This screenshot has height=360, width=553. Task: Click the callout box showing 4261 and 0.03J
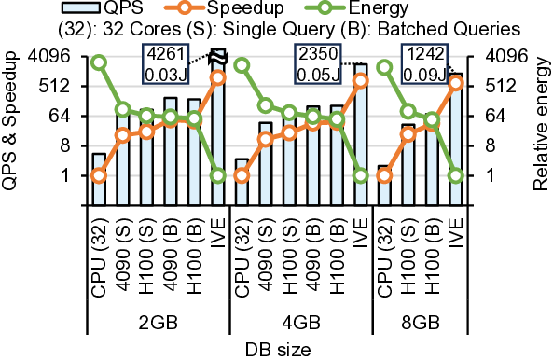tap(165, 62)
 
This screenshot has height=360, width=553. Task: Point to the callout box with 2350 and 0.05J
tap(317, 62)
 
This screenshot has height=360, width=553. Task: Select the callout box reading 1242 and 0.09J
tap(422, 62)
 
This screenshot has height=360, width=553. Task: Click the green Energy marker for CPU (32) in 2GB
tap(99, 62)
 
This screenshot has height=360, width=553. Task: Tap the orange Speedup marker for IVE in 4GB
tap(361, 80)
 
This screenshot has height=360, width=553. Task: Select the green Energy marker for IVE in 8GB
tap(456, 175)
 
